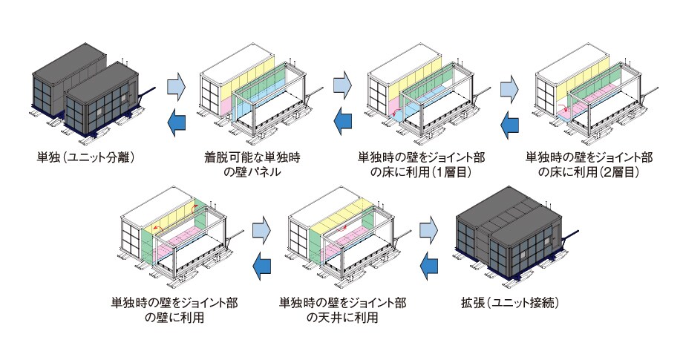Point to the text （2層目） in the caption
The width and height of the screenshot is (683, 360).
(613, 172)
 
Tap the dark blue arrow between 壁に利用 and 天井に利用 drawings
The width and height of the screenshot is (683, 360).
(264, 265)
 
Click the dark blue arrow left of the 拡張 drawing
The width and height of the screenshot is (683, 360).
(431, 265)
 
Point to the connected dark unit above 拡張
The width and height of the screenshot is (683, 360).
(512, 238)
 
